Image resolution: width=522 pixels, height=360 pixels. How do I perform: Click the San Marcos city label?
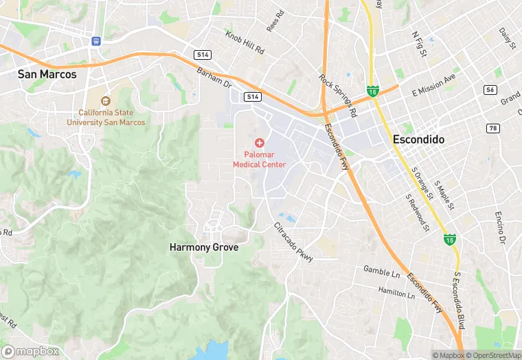tap(47, 74)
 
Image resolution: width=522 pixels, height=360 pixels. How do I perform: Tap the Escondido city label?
tap(418, 139)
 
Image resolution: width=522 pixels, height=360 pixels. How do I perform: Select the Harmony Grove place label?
tap(204, 247)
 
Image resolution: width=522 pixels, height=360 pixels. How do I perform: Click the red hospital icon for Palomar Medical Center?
tap(260, 143)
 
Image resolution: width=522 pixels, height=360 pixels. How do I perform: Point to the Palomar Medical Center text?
tap(260, 159)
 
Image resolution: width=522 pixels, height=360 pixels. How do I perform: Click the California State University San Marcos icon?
tap(106, 101)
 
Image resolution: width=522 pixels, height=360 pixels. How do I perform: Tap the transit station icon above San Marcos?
tap(95, 41)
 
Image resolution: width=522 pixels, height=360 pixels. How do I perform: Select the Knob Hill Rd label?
tap(245, 42)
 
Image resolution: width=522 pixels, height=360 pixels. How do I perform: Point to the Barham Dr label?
tap(215, 77)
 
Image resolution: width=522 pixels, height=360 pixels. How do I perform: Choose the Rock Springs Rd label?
tap(339, 94)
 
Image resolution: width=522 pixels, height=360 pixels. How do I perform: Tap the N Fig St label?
tap(418, 44)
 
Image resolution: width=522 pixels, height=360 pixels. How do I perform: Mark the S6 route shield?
tap(490, 90)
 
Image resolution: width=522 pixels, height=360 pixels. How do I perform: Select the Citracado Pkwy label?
tap(294, 243)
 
